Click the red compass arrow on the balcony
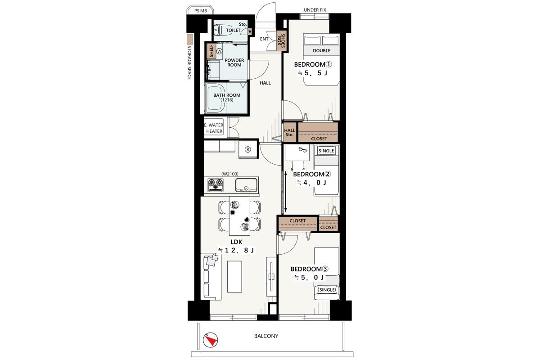coord(212,341)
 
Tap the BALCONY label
coord(266,336)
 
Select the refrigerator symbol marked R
coord(248,149)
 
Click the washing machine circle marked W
coord(220,51)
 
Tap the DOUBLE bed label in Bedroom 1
coord(322,51)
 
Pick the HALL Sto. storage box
coord(289,132)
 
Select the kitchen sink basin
coord(246,185)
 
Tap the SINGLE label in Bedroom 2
coord(326,151)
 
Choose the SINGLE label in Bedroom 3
coord(327,290)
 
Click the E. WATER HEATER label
coord(214,128)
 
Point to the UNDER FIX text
coord(315,10)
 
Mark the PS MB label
coord(201,11)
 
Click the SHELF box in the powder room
coord(211,51)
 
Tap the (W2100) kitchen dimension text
coord(230,174)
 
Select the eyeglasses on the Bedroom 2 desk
coord(303,150)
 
